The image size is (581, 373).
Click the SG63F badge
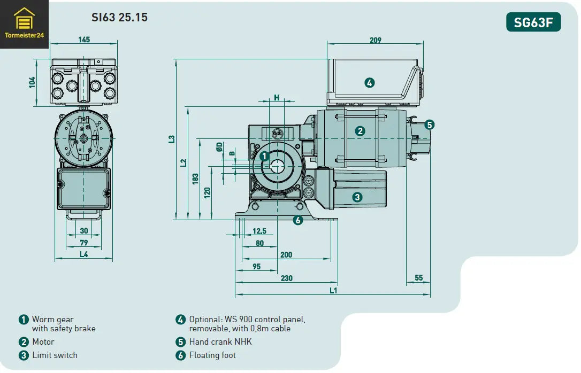533,22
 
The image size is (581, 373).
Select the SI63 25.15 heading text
119,18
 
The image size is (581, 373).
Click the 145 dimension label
84,40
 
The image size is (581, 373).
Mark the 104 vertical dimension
32,82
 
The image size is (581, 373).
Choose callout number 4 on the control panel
369,82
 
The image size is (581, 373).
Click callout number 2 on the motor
360,131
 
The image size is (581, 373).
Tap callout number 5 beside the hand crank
430,125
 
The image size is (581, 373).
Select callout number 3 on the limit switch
357,197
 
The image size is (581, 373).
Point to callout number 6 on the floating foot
298,219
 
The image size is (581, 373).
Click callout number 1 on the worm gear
264,157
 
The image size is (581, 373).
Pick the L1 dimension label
333,290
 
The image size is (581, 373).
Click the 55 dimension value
418,278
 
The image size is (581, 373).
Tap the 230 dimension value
287,278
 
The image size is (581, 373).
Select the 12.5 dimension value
259,231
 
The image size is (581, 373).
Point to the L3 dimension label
171,139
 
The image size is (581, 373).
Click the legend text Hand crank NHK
220,341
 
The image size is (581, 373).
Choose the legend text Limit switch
55,355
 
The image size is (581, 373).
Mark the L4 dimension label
84,254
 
